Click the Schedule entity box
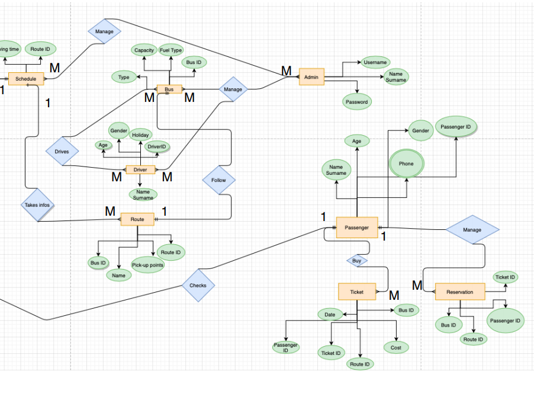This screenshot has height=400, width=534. click(26, 78)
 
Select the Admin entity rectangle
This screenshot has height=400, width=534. click(311, 77)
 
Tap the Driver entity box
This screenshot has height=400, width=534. click(140, 169)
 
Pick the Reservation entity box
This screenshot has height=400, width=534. click(460, 292)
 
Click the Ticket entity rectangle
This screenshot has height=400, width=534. click(357, 292)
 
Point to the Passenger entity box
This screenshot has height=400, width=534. click(357, 228)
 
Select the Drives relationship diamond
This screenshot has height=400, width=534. click(62, 151)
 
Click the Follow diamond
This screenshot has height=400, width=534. click(218, 180)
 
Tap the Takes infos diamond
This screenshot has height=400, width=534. click(37, 206)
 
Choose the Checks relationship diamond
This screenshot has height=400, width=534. click(198, 285)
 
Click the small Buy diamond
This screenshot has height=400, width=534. click(357, 260)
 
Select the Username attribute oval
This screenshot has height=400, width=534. click(375, 62)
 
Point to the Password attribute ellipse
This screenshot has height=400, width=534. click(357, 102)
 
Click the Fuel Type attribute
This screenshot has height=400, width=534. click(171, 50)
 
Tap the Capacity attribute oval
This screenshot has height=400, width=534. click(144, 50)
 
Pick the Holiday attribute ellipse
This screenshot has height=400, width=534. click(140, 135)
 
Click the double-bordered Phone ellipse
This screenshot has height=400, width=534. click(406, 164)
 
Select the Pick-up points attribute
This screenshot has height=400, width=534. click(147, 265)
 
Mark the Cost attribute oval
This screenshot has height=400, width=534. click(395, 348)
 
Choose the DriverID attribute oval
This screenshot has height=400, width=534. click(157, 146)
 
